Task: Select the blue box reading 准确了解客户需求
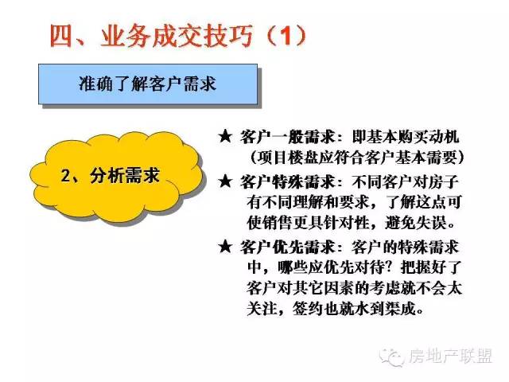[148, 84]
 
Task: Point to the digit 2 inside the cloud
[65, 176]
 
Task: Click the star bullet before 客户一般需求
[225, 136]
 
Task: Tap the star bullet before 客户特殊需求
[225, 181]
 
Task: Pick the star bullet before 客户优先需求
[225, 247]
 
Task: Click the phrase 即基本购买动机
[406, 137]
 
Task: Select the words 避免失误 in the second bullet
[415, 223]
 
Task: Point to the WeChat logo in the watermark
[392, 357]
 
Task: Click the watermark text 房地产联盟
[451, 357]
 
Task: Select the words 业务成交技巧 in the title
[177, 36]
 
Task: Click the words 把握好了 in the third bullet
[431, 267]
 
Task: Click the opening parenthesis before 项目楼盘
[254, 158]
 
